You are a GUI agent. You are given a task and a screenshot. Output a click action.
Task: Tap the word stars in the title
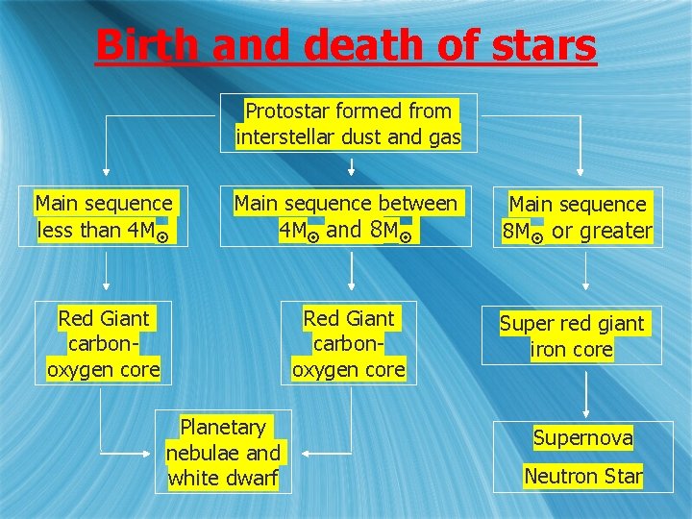click(542, 44)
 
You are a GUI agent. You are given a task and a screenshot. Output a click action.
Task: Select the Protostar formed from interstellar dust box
click(349, 124)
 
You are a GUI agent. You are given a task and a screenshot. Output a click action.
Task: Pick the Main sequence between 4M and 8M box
click(346, 216)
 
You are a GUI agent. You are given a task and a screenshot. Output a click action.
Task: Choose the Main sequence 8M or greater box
click(578, 217)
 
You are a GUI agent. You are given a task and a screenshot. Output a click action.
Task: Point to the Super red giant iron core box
click(572, 336)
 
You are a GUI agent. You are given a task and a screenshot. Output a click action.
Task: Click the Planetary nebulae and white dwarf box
click(222, 453)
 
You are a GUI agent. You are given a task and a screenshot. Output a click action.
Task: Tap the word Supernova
click(582, 438)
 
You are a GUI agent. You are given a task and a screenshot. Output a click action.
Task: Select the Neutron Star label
click(583, 475)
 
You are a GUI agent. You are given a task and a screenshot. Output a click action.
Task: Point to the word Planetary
click(222, 427)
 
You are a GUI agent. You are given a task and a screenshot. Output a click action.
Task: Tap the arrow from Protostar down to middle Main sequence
click(351, 167)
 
